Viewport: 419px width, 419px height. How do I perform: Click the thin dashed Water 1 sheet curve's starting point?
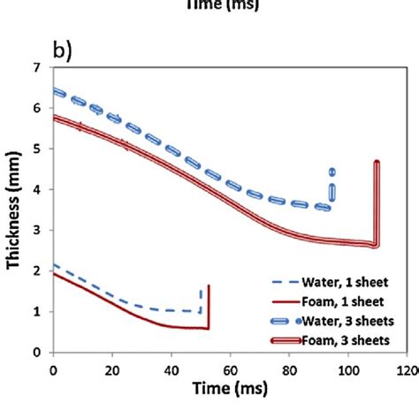click(55, 265)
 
